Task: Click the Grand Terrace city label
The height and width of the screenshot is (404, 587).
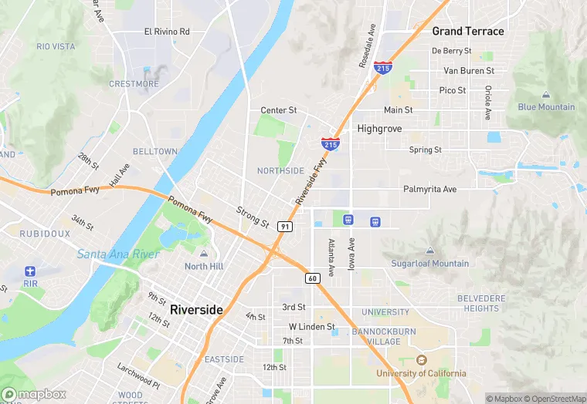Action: (467, 32)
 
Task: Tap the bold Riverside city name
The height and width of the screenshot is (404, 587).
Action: (196, 309)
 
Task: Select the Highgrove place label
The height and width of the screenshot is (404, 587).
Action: (379, 129)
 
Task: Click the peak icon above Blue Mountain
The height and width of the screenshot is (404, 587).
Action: (546, 95)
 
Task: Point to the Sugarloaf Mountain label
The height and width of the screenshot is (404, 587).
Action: (429, 263)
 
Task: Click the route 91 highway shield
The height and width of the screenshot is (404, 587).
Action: (285, 226)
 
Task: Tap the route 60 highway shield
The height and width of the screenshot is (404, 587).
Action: (311, 278)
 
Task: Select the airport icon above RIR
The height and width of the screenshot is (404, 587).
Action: (30, 271)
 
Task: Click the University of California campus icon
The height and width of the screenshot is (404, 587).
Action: (421, 360)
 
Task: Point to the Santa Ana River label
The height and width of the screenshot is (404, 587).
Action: (118, 254)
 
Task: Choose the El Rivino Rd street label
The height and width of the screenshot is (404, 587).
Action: (167, 32)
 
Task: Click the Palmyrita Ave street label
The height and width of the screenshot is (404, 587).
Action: (429, 189)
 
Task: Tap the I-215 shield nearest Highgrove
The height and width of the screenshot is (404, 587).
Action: (330, 143)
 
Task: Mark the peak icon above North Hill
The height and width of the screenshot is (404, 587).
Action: (204, 254)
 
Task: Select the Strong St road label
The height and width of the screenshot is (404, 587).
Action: (253, 217)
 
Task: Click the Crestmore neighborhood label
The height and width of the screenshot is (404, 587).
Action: (134, 84)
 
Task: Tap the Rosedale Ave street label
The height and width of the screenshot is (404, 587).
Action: (366, 45)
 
